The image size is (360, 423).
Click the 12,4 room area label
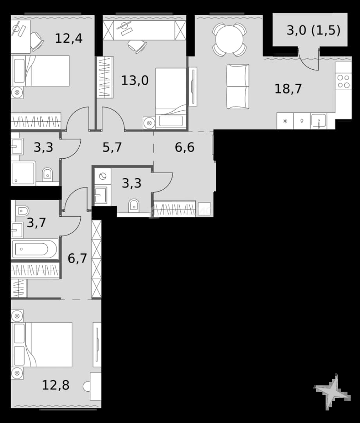(68, 38)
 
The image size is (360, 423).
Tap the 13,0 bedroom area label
(135, 80)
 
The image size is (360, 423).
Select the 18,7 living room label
(288, 89)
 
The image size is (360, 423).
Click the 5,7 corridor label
(112, 147)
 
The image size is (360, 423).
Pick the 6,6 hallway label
(185, 147)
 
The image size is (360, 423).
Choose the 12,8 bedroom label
(56, 385)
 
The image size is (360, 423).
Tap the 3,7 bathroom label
(36, 223)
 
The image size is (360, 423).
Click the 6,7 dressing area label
(77, 258)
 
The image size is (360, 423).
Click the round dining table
(229, 40)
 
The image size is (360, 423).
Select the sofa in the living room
(238, 87)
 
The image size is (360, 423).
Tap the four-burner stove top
(343, 81)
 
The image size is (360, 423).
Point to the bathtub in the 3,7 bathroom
(34, 249)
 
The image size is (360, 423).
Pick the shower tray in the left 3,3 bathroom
(23, 173)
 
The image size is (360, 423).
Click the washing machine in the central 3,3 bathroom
(103, 177)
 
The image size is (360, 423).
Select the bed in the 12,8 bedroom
(42, 345)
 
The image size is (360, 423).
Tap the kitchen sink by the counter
(318, 121)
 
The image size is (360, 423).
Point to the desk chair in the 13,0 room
(137, 46)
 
